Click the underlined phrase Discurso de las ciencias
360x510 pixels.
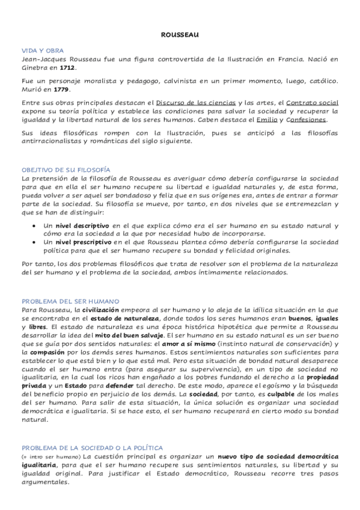195,103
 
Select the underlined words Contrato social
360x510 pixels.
313,103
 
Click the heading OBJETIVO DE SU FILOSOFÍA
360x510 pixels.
66,170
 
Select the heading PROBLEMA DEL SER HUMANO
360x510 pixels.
70,300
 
